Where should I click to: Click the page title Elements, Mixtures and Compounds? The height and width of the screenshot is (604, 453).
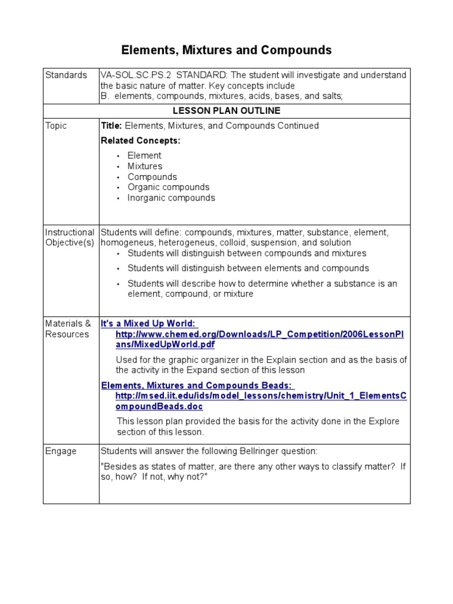[226, 51]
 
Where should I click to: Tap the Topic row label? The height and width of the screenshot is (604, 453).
[56, 126]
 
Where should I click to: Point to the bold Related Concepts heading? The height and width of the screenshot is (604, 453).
[140, 140]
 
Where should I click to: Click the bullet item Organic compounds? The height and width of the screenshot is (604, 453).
[168, 188]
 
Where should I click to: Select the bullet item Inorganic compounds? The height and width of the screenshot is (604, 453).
[171, 198]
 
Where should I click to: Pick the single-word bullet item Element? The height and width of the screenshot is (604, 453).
[144, 156]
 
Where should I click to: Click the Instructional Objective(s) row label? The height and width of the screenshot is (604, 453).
[70, 238]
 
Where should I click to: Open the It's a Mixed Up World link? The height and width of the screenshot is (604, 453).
[149, 323]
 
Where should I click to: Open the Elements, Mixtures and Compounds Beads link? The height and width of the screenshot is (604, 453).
[196, 385]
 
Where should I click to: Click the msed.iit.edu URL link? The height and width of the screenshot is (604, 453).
[261, 401]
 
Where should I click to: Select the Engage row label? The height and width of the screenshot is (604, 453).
[61, 451]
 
